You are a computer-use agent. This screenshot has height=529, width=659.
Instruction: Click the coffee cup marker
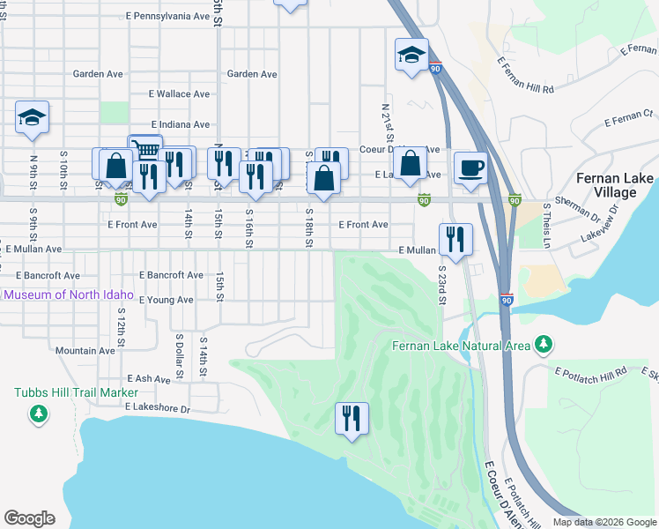[x=470, y=166]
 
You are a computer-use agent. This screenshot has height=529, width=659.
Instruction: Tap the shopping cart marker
[x=144, y=150]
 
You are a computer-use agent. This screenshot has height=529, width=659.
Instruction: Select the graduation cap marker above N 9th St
[x=32, y=117]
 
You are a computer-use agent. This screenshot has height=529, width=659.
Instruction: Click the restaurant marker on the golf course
[x=352, y=418]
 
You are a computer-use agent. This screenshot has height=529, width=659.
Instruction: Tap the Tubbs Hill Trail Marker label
[x=76, y=392]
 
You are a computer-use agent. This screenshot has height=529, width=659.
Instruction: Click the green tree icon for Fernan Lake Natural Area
[x=544, y=344]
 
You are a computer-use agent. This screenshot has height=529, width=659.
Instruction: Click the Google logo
[x=29, y=518]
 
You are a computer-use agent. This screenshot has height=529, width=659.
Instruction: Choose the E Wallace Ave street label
[x=179, y=93]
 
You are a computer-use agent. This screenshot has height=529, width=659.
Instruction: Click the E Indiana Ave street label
[x=181, y=125]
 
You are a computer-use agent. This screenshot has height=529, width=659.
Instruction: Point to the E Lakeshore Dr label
[x=158, y=408]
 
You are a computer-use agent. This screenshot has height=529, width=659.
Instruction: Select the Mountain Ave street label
[x=85, y=351]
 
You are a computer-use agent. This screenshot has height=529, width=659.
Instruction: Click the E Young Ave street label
[x=166, y=300]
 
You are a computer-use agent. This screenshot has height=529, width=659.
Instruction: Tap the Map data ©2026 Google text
[x=603, y=522]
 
